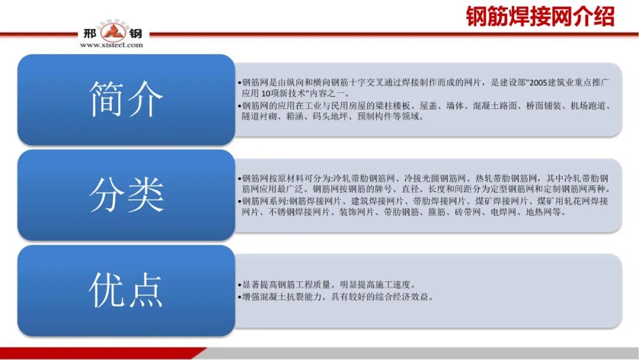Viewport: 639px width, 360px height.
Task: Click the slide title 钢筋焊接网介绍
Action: (540, 17)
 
